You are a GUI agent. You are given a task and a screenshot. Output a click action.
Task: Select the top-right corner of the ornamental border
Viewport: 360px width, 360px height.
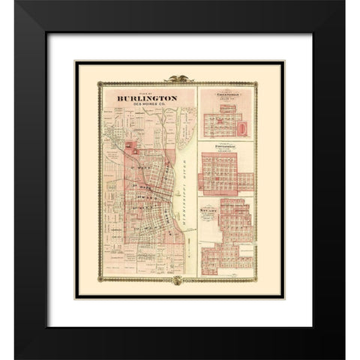279,81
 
